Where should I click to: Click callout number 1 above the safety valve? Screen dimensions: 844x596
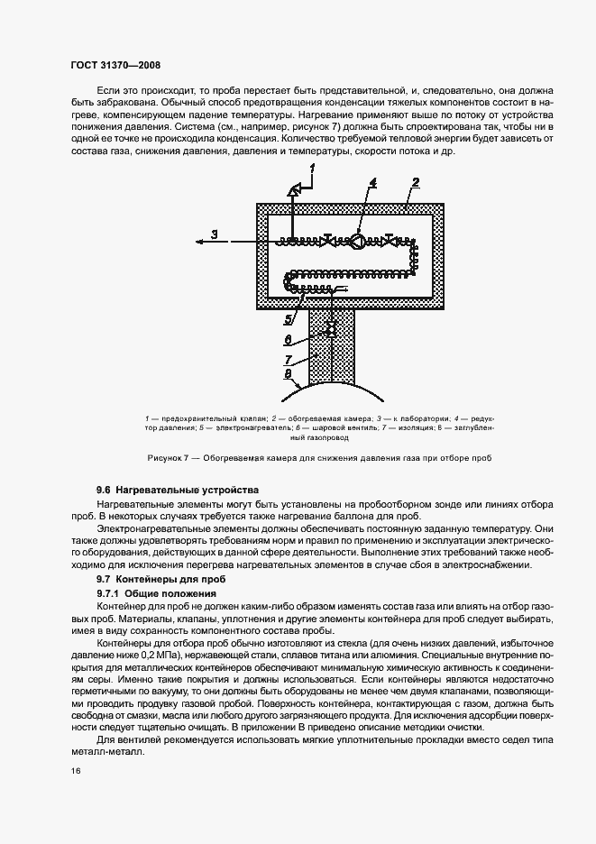(313, 169)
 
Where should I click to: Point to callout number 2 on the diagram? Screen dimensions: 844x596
(416, 183)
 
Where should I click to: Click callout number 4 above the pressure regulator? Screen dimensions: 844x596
(372, 184)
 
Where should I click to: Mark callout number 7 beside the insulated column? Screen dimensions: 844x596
(289, 357)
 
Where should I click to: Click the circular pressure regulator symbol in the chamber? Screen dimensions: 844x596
(357, 241)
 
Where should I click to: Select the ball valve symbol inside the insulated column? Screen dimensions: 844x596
(331, 329)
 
